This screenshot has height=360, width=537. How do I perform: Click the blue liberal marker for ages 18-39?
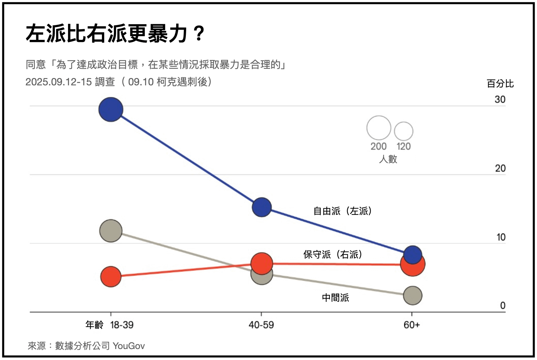[x=111, y=110]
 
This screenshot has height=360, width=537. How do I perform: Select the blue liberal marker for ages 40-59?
[x=262, y=207]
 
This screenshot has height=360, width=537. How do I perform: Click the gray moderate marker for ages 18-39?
[x=111, y=230]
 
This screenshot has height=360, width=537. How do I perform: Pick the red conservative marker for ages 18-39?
[x=111, y=276]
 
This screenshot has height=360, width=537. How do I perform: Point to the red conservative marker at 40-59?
[x=262, y=263]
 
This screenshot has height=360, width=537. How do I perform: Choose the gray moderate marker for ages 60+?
[x=413, y=295]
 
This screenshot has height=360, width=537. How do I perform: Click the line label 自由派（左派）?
[x=343, y=211]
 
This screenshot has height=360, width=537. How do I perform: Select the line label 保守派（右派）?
[x=333, y=254]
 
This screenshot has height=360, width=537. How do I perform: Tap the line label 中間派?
[x=335, y=298]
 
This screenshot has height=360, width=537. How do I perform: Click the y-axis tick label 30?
[x=500, y=99]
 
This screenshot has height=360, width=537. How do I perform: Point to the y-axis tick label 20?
[x=500, y=168]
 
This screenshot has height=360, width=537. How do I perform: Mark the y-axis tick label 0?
[x=502, y=306]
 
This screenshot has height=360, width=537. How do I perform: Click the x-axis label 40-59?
[x=261, y=325]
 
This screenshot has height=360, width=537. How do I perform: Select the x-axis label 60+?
[x=412, y=325]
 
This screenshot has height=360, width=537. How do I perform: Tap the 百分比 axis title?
[x=500, y=84]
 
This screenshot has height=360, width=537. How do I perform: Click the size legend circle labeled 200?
[x=379, y=128]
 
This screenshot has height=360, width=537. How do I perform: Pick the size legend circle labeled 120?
[x=404, y=131]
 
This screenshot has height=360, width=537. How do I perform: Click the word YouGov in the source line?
[x=129, y=346]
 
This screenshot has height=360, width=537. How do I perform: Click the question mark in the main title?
[x=199, y=34]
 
